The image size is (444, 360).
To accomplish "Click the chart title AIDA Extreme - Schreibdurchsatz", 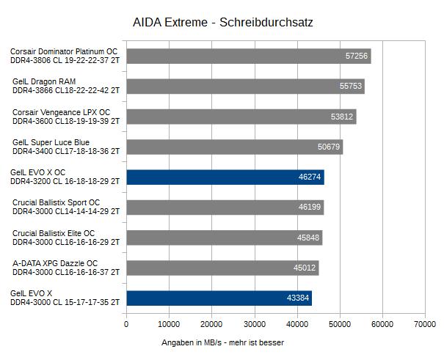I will (222, 22).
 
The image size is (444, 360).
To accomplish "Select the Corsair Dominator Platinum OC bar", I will (248, 56).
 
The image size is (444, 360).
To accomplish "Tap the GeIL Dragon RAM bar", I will (245, 87).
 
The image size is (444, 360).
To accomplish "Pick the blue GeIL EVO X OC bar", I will (225, 177).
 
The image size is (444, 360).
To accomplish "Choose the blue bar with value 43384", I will (219, 298).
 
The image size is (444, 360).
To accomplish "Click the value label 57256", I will (357, 56).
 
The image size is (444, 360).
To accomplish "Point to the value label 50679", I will (329, 147).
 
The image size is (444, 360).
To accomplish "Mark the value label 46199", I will (310, 207).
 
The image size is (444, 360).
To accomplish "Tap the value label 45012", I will (305, 268).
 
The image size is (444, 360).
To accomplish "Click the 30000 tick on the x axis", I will (254, 324).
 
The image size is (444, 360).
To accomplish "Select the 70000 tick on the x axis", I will (424, 324).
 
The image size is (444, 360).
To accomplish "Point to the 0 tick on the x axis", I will (126, 324).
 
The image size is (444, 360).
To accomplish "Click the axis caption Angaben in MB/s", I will (222, 342).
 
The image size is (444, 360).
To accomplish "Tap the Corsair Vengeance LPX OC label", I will (65, 117).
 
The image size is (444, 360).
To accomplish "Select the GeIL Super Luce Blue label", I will (65, 147).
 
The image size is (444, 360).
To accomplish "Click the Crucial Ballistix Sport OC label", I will (65, 207).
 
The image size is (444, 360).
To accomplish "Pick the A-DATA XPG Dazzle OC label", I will (65, 268).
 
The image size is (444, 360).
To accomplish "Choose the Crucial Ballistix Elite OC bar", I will (224, 238).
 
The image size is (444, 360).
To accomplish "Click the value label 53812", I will (342, 117).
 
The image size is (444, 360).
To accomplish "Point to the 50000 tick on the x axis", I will (339, 324).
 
